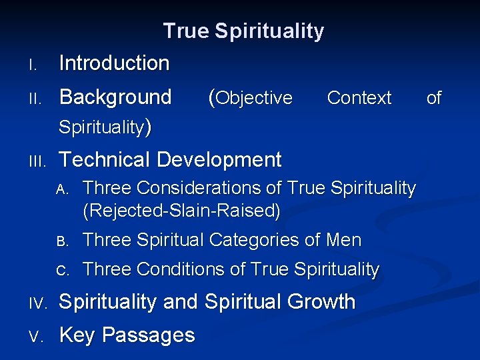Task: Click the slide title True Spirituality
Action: tap(243, 31)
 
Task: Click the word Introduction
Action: tap(114, 63)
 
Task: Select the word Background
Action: tap(115, 97)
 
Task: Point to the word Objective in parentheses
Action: tap(254, 98)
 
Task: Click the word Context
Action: tap(359, 98)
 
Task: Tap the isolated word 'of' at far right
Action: tap(434, 98)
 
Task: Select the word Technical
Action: tap(105, 160)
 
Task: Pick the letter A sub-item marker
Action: tap(62, 189)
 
